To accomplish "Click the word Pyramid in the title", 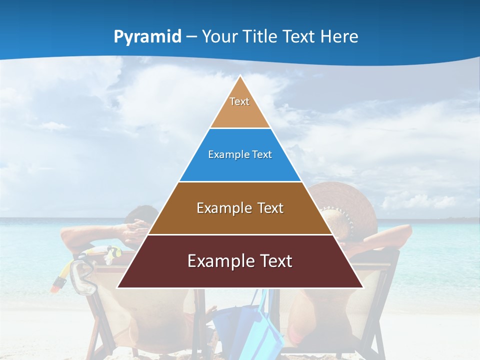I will (147, 36).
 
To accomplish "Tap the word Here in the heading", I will (339, 36).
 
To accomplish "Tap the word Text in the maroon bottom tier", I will (271, 261).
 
